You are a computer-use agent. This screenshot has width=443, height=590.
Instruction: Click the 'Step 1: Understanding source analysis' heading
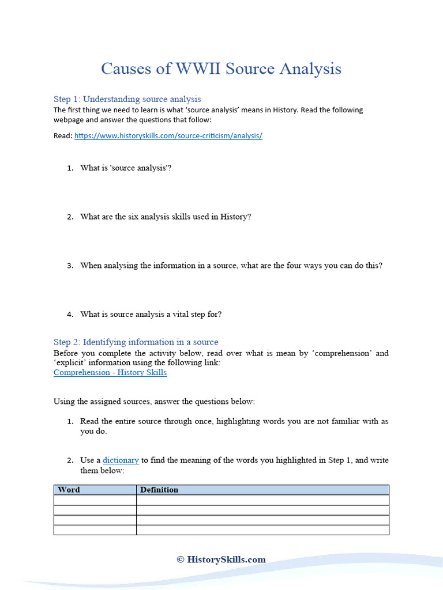point(127,99)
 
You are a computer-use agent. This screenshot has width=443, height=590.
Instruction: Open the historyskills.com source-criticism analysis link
point(168,136)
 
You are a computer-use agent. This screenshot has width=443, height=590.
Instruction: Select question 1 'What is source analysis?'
point(126,168)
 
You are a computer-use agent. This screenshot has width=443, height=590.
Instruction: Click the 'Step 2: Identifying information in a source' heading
point(136,342)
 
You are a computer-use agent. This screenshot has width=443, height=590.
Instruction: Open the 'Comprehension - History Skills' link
point(110,372)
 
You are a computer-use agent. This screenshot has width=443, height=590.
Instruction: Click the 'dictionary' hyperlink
point(121,460)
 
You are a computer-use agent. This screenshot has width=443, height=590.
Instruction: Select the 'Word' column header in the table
point(69,490)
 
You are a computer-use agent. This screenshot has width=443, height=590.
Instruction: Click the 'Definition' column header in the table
point(159,490)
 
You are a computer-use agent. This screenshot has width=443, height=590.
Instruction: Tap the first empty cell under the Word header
point(95,500)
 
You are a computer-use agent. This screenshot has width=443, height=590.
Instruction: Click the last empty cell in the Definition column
point(262,530)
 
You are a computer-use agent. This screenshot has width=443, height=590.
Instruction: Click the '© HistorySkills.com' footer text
point(221,559)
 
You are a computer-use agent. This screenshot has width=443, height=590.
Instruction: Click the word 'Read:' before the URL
point(63,136)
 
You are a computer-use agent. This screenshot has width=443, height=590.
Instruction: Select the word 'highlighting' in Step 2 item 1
point(240,421)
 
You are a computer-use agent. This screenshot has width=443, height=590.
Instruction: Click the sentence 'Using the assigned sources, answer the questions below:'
point(154,401)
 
